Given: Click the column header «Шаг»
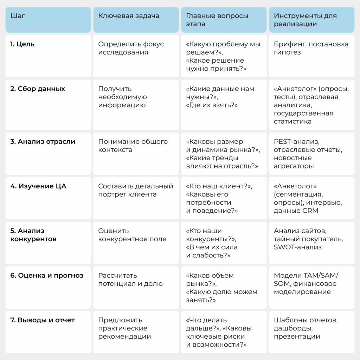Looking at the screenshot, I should click(18, 16).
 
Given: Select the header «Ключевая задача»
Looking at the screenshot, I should click(129, 16).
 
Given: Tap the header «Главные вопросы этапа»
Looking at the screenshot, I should click(217, 20).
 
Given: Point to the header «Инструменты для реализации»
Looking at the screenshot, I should click(305, 20).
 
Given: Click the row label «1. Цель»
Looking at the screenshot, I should click(22, 44).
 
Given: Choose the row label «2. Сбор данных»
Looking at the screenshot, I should click(38, 89).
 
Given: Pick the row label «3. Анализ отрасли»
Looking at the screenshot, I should click(43, 142).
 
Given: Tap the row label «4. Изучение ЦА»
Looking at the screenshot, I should click(38, 186).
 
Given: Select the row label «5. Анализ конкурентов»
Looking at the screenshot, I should click(33, 235).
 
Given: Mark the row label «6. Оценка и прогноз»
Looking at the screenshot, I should click(47, 276).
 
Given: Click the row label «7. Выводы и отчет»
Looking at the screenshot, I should click(43, 320).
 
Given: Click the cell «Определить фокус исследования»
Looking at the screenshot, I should click(131, 49).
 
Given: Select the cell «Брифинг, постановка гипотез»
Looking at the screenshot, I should click(311, 49).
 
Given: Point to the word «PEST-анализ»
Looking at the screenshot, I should click(296, 142).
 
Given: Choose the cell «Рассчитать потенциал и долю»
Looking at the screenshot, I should click(130, 279).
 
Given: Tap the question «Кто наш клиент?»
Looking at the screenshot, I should click(219, 186).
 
